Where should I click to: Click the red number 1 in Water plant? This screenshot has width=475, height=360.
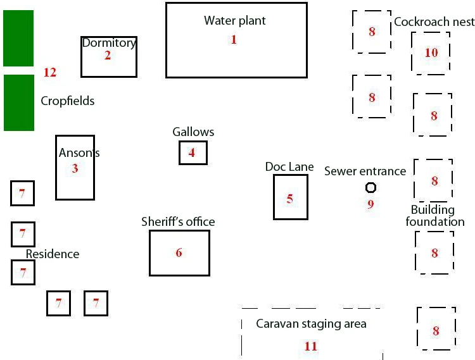(233, 39)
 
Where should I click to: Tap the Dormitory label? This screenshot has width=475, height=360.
(109, 43)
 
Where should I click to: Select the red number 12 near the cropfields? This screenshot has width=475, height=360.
(50, 72)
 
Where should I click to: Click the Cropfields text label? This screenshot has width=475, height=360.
(67, 101)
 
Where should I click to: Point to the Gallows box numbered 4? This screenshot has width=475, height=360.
(193, 152)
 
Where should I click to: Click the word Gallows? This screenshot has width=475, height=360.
(193, 132)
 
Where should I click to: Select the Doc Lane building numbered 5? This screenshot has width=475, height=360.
(290, 197)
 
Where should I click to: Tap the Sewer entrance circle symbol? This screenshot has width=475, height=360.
(370, 187)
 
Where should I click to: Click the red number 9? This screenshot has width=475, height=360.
(370, 204)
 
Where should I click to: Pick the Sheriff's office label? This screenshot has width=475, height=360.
(177, 221)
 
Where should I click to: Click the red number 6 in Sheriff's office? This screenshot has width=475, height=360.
(179, 253)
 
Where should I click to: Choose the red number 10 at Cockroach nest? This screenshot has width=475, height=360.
(431, 53)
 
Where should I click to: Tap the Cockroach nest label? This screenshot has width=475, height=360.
(434, 22)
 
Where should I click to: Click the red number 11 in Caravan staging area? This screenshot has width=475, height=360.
(310, 346)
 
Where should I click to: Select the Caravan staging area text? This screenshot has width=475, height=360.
(311, 324)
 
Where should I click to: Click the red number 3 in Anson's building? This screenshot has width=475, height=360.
(75, 169)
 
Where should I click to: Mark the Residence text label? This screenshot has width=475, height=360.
(53, 254)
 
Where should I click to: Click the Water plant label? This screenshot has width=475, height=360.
(234, 20)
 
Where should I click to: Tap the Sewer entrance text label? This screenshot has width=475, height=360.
(365, 171)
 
